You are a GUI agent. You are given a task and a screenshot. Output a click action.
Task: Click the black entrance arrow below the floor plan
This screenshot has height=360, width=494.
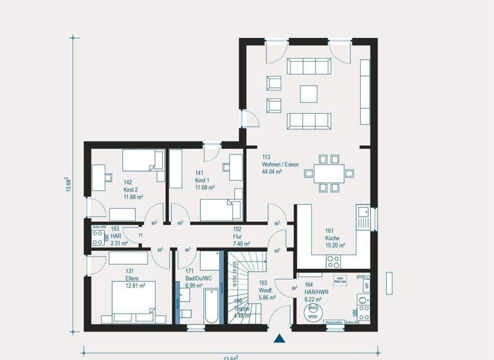pos(279,339)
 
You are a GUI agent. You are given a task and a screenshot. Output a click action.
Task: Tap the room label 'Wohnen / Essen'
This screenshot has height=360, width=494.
pos(280,164)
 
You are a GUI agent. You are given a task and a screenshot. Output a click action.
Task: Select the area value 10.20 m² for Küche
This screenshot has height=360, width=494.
pos(334,245)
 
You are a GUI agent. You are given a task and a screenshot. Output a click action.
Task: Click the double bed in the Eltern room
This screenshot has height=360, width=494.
pos(134,300)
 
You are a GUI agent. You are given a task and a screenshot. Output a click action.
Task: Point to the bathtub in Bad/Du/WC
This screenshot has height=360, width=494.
pos(209,306)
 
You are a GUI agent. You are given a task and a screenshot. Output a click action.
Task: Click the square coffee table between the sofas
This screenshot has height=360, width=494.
pos(309,94)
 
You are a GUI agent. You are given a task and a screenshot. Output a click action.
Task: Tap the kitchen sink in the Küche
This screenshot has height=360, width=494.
pos(363,217)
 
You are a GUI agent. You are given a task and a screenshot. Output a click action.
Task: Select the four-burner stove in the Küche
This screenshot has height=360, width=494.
pos(333,260)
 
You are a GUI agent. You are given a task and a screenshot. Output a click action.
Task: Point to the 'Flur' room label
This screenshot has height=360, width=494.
pos(237,237)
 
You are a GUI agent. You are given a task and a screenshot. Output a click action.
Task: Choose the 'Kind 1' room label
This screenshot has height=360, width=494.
pos(203,180)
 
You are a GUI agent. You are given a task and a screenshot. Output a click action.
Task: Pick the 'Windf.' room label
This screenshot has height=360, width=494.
pos(266,290)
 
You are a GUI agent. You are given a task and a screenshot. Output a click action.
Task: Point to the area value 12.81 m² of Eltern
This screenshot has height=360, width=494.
pos(135,285)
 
